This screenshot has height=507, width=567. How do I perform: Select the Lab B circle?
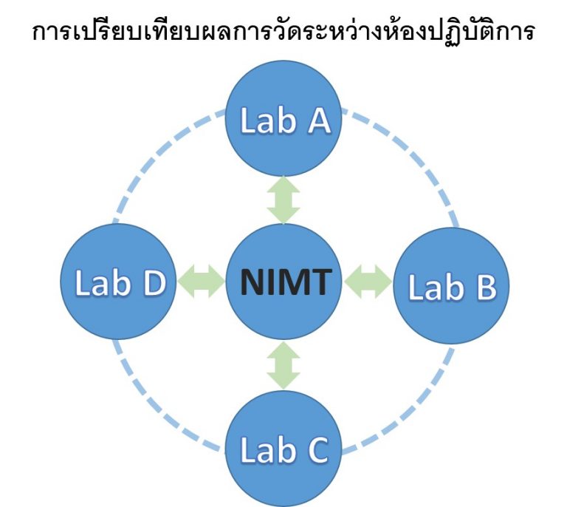click(x=452, y=286)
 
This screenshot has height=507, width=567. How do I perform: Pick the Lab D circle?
click(x=117, y=282)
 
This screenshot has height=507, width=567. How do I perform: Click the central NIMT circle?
click(x=283, y=282)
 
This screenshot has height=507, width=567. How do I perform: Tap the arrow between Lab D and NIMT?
click(x=200, y=282)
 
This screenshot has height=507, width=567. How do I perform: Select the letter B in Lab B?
click(x=482, y=288)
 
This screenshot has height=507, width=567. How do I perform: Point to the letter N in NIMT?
click(x=252, y=282)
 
